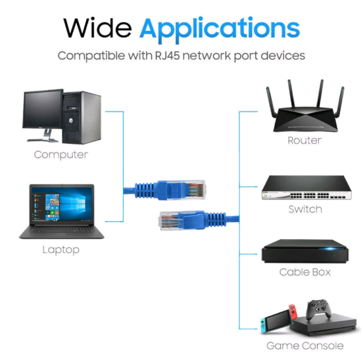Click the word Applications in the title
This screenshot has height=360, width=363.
pyautogui.click(x=220, y=30)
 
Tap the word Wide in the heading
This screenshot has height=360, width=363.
pyautogui.click(x=97, y=28)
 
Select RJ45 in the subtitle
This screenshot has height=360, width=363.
pyautogui.click(x=167, y=55)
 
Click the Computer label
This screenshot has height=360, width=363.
pyautogui.click(x=61, y=155)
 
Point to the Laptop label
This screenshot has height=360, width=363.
pyautogui.click(x=61, y=250)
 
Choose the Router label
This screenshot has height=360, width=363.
pyautogui.click(x=304, y=141)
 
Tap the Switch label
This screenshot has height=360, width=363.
pyautogui.click(x=305, y=210)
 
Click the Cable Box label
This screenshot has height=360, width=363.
pyautogui.click(x=305, y=272)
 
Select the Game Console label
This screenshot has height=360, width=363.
pyautogui.click(x=305, y=346)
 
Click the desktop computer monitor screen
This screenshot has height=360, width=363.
pyautogui.click(x=43, y=109)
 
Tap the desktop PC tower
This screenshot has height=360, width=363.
pyautogui.click(x=82, y=118)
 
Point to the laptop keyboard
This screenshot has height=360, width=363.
pyautogui.click(x=62, y=230)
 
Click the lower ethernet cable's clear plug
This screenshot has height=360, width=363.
pyautogui.click(x=172, y=220)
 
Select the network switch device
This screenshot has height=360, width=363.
pyautogui.click(x=306, y=187)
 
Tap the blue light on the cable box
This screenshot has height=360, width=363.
pyautogui.click(x=329, y=249)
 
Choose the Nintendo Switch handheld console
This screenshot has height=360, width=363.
pyautogui.click(x=278, y=319)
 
